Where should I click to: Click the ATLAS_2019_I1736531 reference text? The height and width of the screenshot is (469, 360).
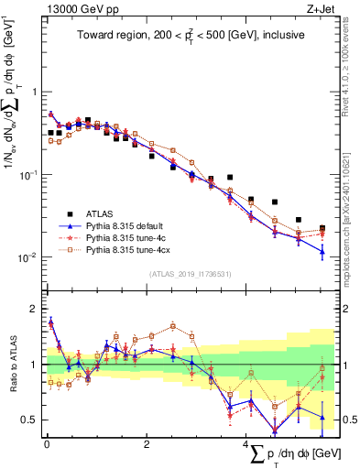190,274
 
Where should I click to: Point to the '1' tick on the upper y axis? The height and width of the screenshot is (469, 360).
35,93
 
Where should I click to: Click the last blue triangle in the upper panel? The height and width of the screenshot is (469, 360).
322,250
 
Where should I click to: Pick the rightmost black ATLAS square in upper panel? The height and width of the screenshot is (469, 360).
322,228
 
